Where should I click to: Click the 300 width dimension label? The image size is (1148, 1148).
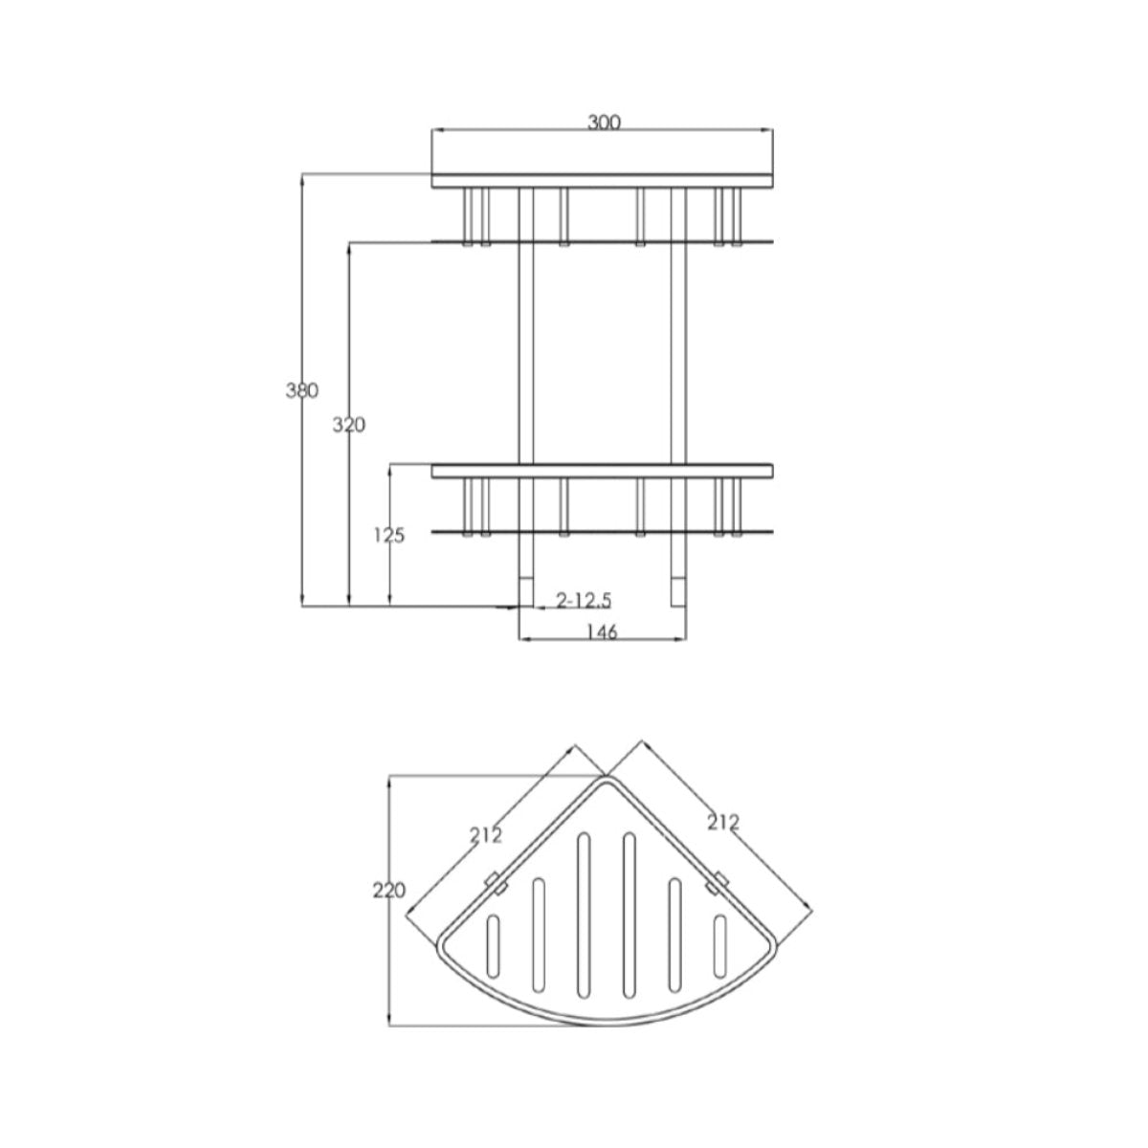[x=605, y=122]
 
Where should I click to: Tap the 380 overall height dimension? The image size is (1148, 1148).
[x=301, y=390]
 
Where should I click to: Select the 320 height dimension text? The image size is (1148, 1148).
[x=348, y=425]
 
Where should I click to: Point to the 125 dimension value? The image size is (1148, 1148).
[x=389, y=536]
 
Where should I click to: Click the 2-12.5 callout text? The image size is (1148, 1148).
[x=584, y=600]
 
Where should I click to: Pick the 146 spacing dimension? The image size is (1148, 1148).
[x=602, y=631]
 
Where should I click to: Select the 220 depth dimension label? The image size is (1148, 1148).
[x=389, y=890]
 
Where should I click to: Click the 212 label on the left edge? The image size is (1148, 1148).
[x=486, y=835]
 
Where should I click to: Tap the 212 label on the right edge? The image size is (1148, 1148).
[x=723, y=821]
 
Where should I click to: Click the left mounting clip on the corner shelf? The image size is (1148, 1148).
[x=495, y=882]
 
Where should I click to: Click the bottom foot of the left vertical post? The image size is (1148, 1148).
[x=525, y=592]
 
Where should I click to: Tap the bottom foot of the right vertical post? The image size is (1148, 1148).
[x=678, y=592]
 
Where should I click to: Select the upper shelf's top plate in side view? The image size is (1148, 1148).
[x=603, y=180]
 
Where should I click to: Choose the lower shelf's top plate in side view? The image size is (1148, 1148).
[x=603, y=471]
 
